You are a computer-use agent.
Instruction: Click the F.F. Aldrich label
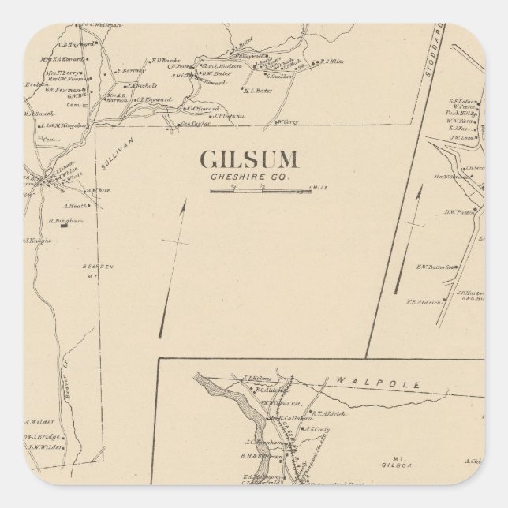click(x=421, y=301)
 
